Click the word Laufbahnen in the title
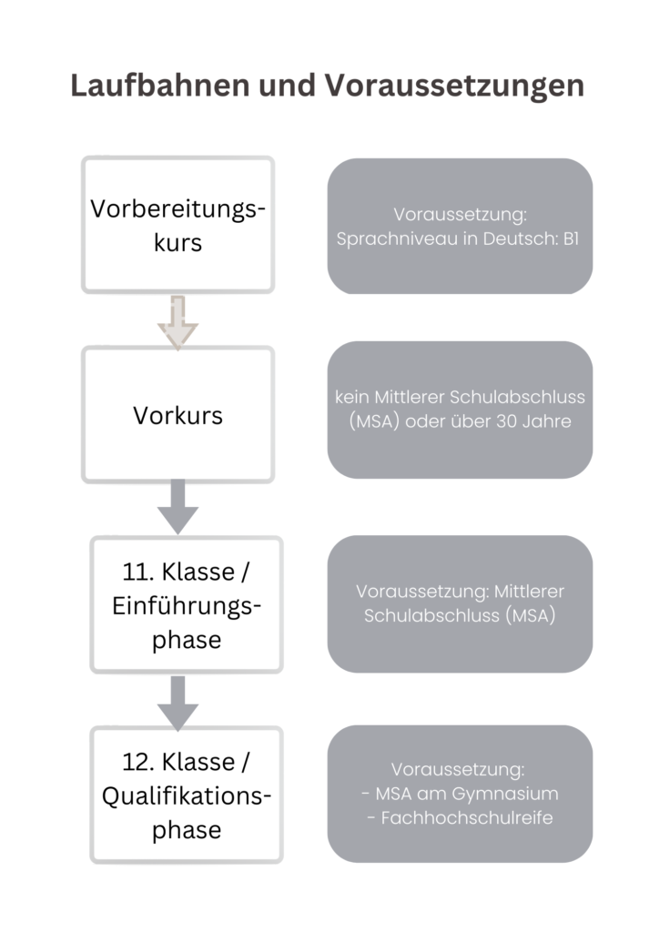(x=160, y=85)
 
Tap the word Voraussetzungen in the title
(x=454, y=86)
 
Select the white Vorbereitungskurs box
(x=177, y=225)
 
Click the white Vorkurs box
(x=177, y=414)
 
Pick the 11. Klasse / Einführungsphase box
(x=187, y=604)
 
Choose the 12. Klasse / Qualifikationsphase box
(x=187, y=795)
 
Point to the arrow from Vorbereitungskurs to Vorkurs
(x=177, y=323)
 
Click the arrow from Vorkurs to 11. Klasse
(x=177, y=507)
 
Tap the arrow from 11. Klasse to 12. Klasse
(x=177, y=704)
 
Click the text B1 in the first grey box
(x=571, y=238)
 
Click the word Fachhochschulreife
(x=467, y=818)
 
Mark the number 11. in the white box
(x=138, y=572)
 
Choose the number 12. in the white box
(x=138, y=762)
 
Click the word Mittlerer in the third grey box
(x=529, y=592)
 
